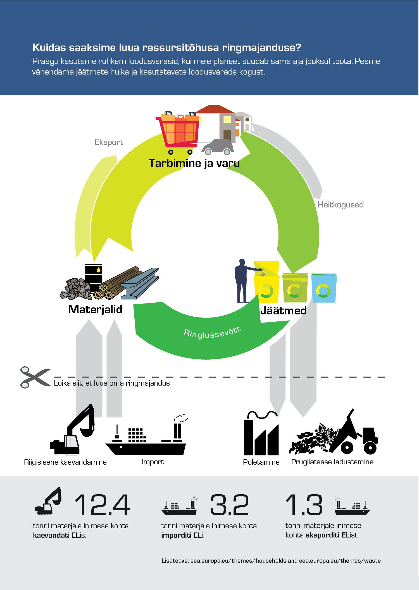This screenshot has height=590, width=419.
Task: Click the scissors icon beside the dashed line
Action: [35, 377]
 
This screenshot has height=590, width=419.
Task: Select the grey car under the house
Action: [218, 147]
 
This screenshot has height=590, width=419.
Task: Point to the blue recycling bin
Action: [324, 288]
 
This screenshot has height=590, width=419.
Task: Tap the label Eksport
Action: [109, 142]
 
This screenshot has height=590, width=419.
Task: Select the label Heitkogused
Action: [341, 205]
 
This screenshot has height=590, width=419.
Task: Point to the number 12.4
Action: [103, 505]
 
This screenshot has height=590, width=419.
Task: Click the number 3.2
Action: [229, 505]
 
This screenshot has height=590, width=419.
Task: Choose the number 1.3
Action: [304, 505]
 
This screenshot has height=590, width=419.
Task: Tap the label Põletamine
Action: [261, 462]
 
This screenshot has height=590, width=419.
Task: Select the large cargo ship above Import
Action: [146, 435]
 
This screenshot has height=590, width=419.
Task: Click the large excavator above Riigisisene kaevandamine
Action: [72, 429]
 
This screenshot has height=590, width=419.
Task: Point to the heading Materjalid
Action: [95, 309]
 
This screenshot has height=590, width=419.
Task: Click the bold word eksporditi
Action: [323, 535]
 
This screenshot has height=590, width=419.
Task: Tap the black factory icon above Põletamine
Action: [261, 434]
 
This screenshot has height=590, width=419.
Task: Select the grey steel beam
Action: [140, 284]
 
